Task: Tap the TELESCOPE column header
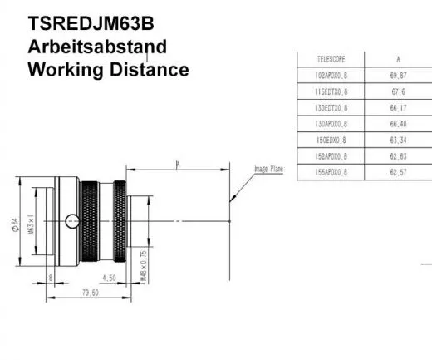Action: pos(332,60)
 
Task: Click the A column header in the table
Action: pos(399,60)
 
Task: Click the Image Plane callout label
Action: pos(268,169)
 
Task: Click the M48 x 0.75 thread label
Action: pos(143,264)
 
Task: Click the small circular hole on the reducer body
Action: pos(76,221)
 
